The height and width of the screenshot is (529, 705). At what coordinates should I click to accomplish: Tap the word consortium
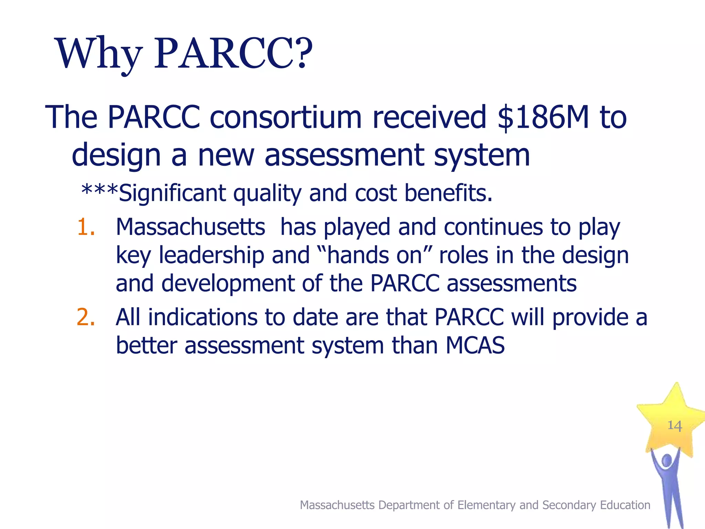pos(285,117)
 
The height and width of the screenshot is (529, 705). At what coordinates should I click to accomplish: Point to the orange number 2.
pos(86,317)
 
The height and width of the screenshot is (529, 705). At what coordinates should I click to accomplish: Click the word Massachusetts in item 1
pos(190,227)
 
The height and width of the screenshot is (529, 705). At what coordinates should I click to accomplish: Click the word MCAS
pos(475,345)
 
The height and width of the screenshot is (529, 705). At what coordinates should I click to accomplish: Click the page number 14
pos(674,426)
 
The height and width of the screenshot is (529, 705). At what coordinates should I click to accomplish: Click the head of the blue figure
pos(667,460)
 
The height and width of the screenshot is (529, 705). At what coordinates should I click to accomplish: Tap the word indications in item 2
pos(202,317)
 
